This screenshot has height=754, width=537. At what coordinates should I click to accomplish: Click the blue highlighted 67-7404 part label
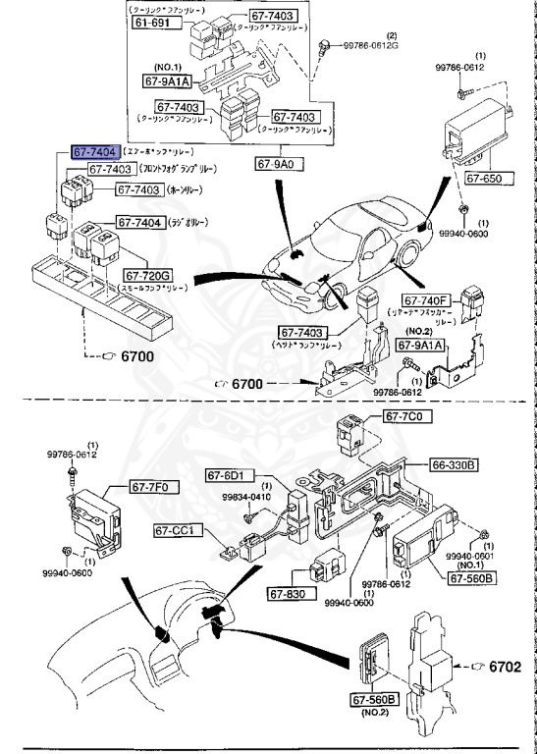(x=94, y=153)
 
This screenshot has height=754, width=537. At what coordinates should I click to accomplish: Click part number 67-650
(x=484, y=180)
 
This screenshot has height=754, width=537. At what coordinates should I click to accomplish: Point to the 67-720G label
(x=147, y=276)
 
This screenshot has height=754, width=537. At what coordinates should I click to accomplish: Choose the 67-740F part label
(x=424, y=299)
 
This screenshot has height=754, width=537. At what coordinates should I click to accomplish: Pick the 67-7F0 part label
(x=150, y=486)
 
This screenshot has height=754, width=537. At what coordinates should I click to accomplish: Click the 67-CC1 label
(x=178, y=531)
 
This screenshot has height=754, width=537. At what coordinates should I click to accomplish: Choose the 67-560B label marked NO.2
(x=374, y=698)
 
